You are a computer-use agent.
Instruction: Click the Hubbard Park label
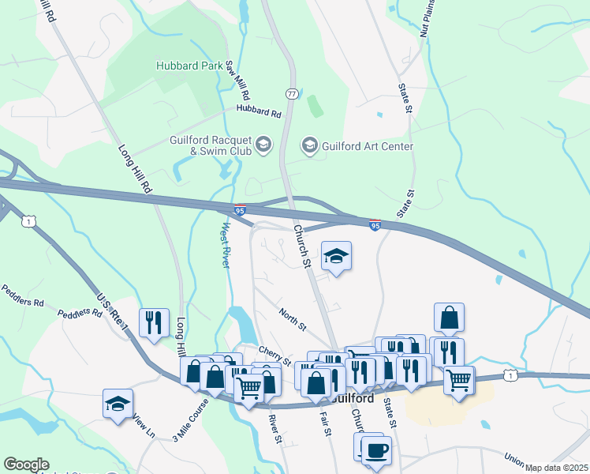click(x=189, y=66)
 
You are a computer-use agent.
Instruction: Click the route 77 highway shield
click(x=292, y=93)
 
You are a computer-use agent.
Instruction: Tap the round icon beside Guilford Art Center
click(x=310, y=145)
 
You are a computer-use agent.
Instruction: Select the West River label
click(x=225, y=245)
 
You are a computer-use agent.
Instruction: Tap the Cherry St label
click(x=275, y=355)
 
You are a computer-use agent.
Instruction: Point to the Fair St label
click(x=324, y=421)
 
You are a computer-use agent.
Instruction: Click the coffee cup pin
click(x=376, y=450)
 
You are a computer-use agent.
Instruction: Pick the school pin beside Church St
click(x=336, y=256)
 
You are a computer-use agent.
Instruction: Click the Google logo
click(x=26, y=465)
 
